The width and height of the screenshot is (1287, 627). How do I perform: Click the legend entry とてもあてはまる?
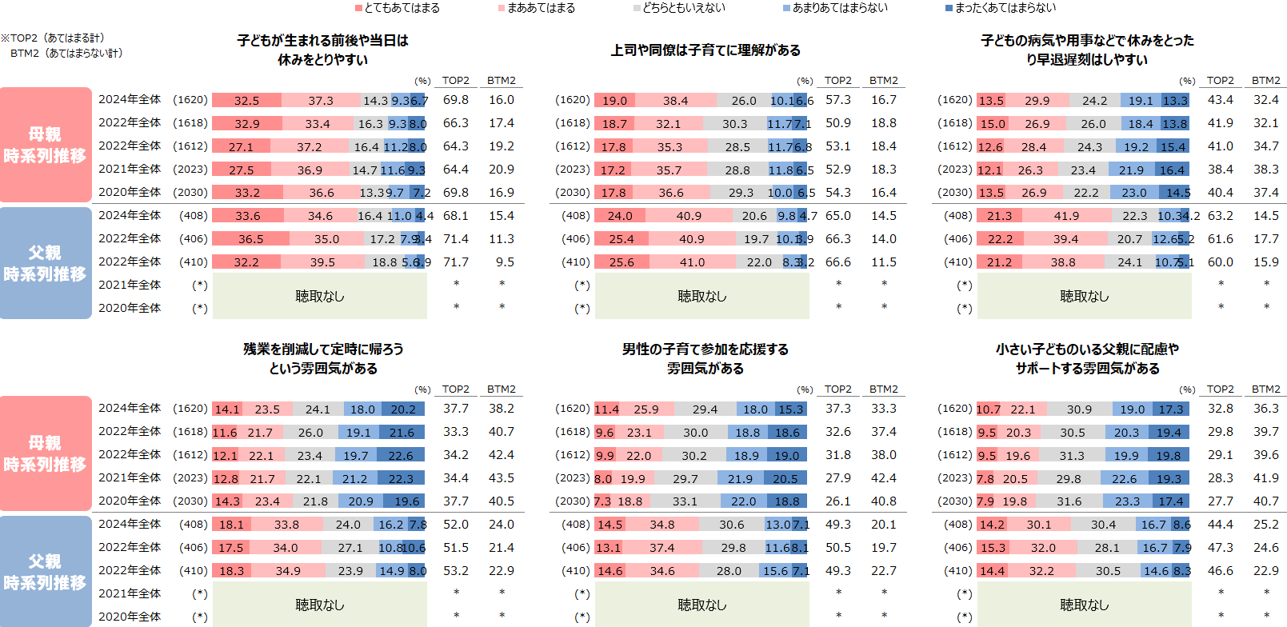coord(398,8)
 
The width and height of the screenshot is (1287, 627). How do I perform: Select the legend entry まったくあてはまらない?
coord(1001,8)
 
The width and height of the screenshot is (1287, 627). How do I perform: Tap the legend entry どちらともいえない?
coord(680,8)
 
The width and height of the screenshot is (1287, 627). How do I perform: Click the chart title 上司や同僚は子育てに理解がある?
coord(705,50)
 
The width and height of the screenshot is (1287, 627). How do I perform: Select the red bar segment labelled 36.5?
coord(250,239)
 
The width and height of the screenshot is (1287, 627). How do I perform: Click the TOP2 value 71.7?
coord(456,262)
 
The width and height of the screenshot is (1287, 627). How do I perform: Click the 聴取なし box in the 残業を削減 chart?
coord(320,605)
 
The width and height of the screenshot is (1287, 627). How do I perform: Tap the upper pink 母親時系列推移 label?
coord(45,145)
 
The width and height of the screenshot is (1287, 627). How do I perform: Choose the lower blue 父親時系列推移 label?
coord(45,572)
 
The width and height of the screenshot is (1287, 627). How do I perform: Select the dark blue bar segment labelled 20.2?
coord(403,409)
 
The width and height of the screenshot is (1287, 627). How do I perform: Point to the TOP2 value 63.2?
coord(1220,216)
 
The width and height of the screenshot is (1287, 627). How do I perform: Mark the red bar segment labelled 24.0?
coord(620,216)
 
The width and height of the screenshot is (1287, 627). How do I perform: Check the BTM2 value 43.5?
coord(502,478)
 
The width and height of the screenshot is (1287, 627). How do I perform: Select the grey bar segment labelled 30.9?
coord(1079,409)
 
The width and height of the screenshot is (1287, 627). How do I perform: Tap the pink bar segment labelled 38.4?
coord(675,101)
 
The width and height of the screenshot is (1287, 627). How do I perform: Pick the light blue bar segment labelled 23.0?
coord(1133,193)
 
